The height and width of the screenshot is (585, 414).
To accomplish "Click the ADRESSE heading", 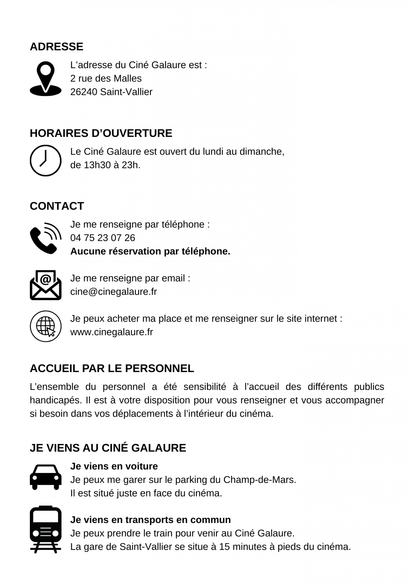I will coord(56,47).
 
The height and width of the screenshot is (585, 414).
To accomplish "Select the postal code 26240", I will coord(84,92).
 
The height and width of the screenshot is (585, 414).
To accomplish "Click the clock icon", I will coord(46,160).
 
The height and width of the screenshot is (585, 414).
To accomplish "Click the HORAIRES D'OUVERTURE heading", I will coord(101,133).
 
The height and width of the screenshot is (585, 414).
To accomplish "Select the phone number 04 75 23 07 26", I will coord(102,238).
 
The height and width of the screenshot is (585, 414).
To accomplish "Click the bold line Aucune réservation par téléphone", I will coord(150,251).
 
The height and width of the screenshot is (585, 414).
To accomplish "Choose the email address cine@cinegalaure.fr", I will coord(114,292).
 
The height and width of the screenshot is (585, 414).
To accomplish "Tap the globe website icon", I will coord(46,326).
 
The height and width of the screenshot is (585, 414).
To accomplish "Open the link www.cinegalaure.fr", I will coord(111,332).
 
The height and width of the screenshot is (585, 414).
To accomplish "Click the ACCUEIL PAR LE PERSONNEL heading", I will coord(112,368).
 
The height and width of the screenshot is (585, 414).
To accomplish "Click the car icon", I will coord(46,477).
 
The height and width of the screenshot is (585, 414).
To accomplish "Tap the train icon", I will coord(46,529).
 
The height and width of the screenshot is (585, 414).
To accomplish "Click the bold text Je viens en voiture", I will coord(114,466).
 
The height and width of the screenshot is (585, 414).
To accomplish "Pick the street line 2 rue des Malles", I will coord(106,78).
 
